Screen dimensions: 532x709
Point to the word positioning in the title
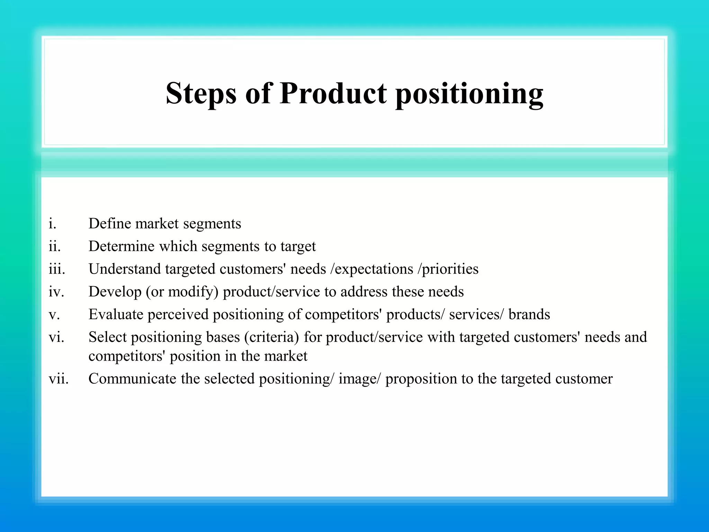(469, 94)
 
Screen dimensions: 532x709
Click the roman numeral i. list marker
(52, 224)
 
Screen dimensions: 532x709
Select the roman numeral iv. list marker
(56, 292)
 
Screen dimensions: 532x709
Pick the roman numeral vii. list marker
(59, 379)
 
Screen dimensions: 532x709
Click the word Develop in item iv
(115, 292)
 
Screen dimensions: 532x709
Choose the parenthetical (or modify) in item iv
(182, 292)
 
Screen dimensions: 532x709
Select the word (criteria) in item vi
(271, 337)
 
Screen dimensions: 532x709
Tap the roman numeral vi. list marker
(56, 337)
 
